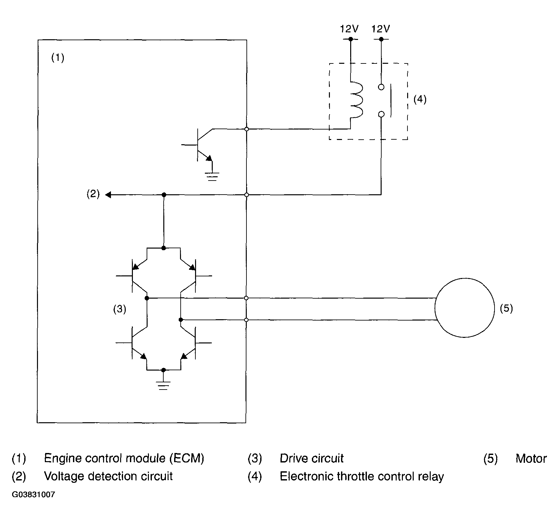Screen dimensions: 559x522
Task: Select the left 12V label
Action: (349, 29)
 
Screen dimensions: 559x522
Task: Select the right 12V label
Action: (381, 29)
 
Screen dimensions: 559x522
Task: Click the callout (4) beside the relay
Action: (420, 99)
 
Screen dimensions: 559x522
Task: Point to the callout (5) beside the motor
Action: (506, 308)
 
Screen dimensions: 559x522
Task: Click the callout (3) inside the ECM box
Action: (119, 309)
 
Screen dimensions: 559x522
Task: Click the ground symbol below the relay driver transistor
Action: (212, 177)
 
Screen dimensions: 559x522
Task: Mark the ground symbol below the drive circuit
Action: (163, 385)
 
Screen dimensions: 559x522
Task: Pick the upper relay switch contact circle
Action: (381, 87)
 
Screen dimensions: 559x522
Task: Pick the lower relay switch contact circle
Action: (381, 114)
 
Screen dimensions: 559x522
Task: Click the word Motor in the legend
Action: (531, 459)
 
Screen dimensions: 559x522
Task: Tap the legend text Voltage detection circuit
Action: (108, 476)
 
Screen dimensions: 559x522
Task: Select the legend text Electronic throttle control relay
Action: (362, 477)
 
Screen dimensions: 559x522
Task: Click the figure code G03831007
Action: (33, 495)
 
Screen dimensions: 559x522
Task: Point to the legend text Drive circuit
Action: (312, 459)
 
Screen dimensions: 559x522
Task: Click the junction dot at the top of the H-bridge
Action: (163, 248)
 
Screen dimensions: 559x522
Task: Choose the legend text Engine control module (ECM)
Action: (124, 459)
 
